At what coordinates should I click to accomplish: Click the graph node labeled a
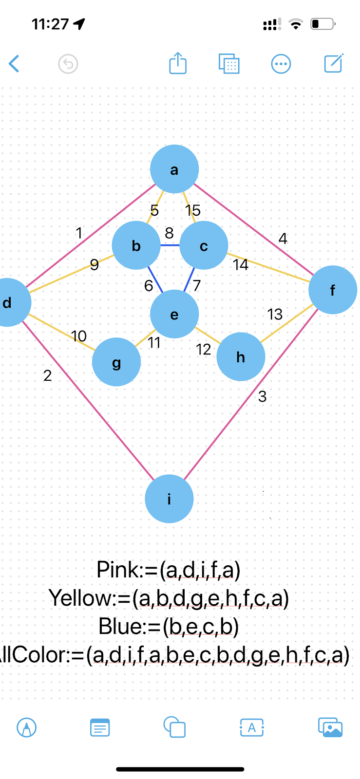click(174, 169)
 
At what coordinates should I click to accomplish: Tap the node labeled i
click(169, 499)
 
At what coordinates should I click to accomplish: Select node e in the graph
click(174, 314)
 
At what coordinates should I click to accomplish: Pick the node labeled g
click(116, 362)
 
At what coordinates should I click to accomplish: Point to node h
click(241, 357)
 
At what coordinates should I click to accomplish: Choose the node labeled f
click(333, 290)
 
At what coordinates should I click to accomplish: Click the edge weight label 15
click(193, 210)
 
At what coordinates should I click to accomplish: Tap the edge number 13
click(275, 314)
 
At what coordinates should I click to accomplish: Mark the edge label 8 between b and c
click(169, 233)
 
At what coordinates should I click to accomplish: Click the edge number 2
click(47, 375)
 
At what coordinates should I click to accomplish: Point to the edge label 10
click(79, 336)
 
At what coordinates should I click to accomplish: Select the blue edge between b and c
click(170, 245)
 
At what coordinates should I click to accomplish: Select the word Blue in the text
click(118, 627)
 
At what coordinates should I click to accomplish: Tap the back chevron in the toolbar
click(14, 64)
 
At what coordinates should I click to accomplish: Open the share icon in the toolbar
click(178, 63)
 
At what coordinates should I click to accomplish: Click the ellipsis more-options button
click(281, 64)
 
